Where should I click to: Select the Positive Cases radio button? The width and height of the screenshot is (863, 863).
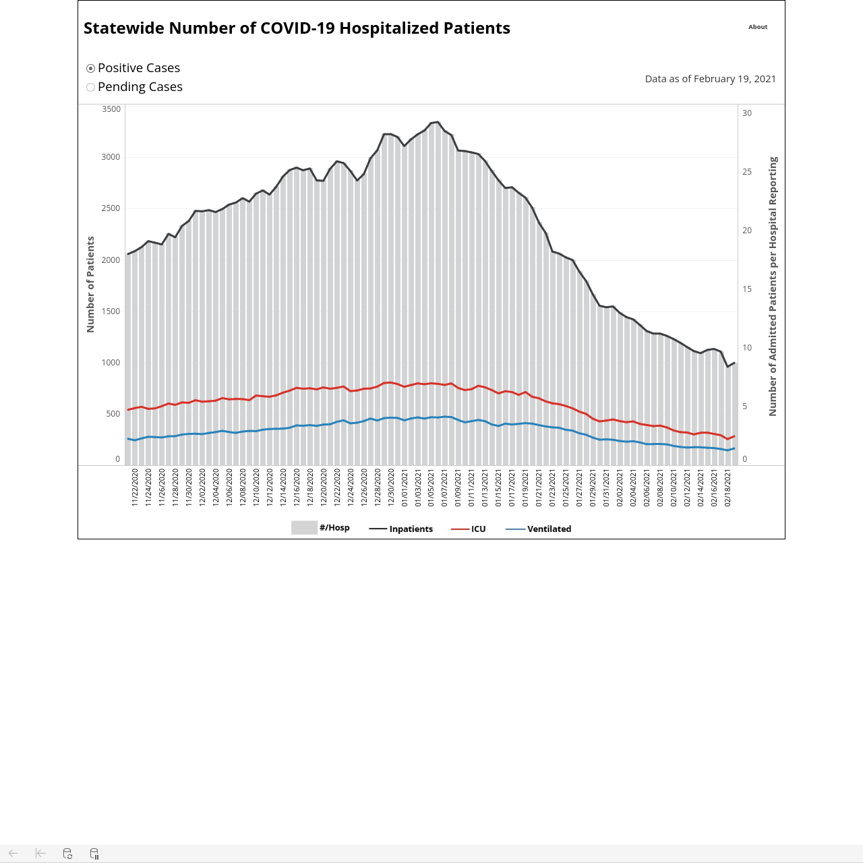(x=90, y=69)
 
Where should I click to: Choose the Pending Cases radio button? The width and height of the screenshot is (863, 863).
(x=90, y=88)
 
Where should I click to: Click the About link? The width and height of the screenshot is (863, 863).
(x=758, y=27)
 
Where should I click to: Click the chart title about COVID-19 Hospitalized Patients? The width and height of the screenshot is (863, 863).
(x=297, y=28)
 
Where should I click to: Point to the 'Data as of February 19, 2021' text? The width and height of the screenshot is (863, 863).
(x=710, y=79)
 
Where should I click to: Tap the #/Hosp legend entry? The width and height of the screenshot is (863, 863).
(x=321, y=527)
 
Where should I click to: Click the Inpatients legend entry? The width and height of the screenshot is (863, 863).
(x=400, y=529)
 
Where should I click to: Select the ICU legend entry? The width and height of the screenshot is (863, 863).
(x=469, y=529)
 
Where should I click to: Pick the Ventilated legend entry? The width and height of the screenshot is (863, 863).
(x=538, y=529)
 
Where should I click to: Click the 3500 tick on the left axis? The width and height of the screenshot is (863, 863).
(x=111, y=109)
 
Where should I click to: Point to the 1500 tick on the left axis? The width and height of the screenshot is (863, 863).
(x=111, y=311)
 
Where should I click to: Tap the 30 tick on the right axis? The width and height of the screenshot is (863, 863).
(x=747, y=113)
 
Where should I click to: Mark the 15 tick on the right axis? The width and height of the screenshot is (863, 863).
(x=747, y=289)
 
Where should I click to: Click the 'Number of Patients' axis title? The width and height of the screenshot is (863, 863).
(x=90, y=285)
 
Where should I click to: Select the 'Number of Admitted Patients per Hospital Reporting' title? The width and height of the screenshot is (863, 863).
(x=773, y=287)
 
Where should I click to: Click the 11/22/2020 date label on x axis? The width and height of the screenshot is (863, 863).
(x=135, y=487)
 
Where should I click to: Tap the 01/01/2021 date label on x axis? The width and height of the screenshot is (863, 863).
(x=405, y=487)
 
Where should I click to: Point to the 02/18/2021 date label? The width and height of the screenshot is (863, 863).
(x=727, y=487)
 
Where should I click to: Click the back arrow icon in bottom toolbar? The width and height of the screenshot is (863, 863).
(x=13, y=853)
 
